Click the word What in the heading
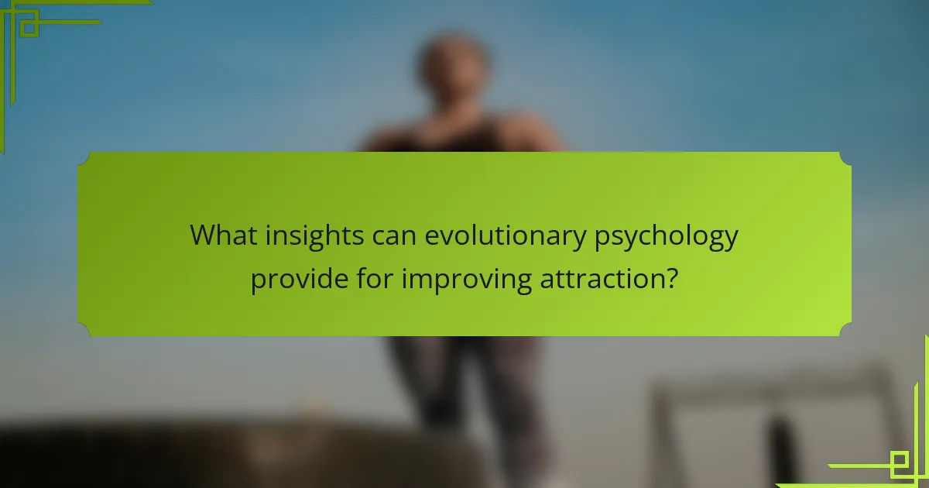[x=224, y=235]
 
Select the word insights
[x=314, y=236]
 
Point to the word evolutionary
[x=505, y=237]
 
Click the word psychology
[x=666, y=237]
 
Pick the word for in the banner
[x=375, y=277]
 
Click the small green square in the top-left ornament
[x=29, y=28]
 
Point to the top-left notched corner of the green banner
[x=83, y=158]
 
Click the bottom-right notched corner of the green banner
[x=845, y=330]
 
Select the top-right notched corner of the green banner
[x=845, y=158]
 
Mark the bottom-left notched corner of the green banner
[x=83, y=330]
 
